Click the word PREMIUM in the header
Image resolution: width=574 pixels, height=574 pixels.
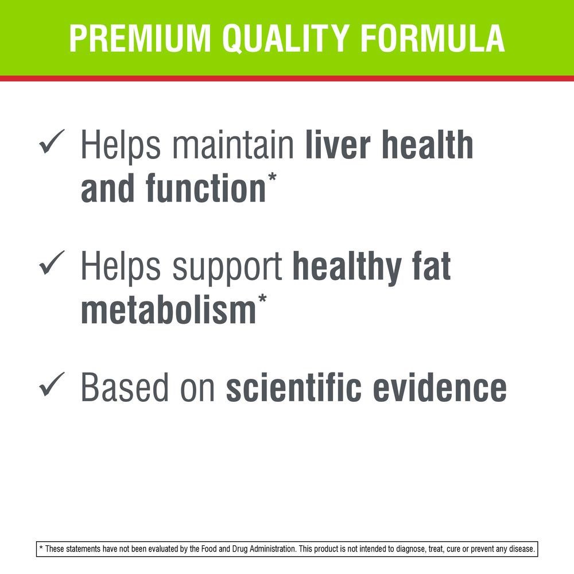coord(140,38)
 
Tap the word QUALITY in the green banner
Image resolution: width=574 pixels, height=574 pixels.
coord(285,38)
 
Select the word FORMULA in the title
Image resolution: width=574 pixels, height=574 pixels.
coord(433,38)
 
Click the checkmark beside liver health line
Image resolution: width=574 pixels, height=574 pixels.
coord(52,141)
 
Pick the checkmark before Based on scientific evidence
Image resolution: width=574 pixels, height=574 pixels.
coord(52,384)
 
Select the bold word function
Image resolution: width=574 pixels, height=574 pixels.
coord(205,188)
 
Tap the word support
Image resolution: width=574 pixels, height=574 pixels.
coord(227,269)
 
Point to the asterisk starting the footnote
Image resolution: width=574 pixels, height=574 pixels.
coord(41,548)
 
